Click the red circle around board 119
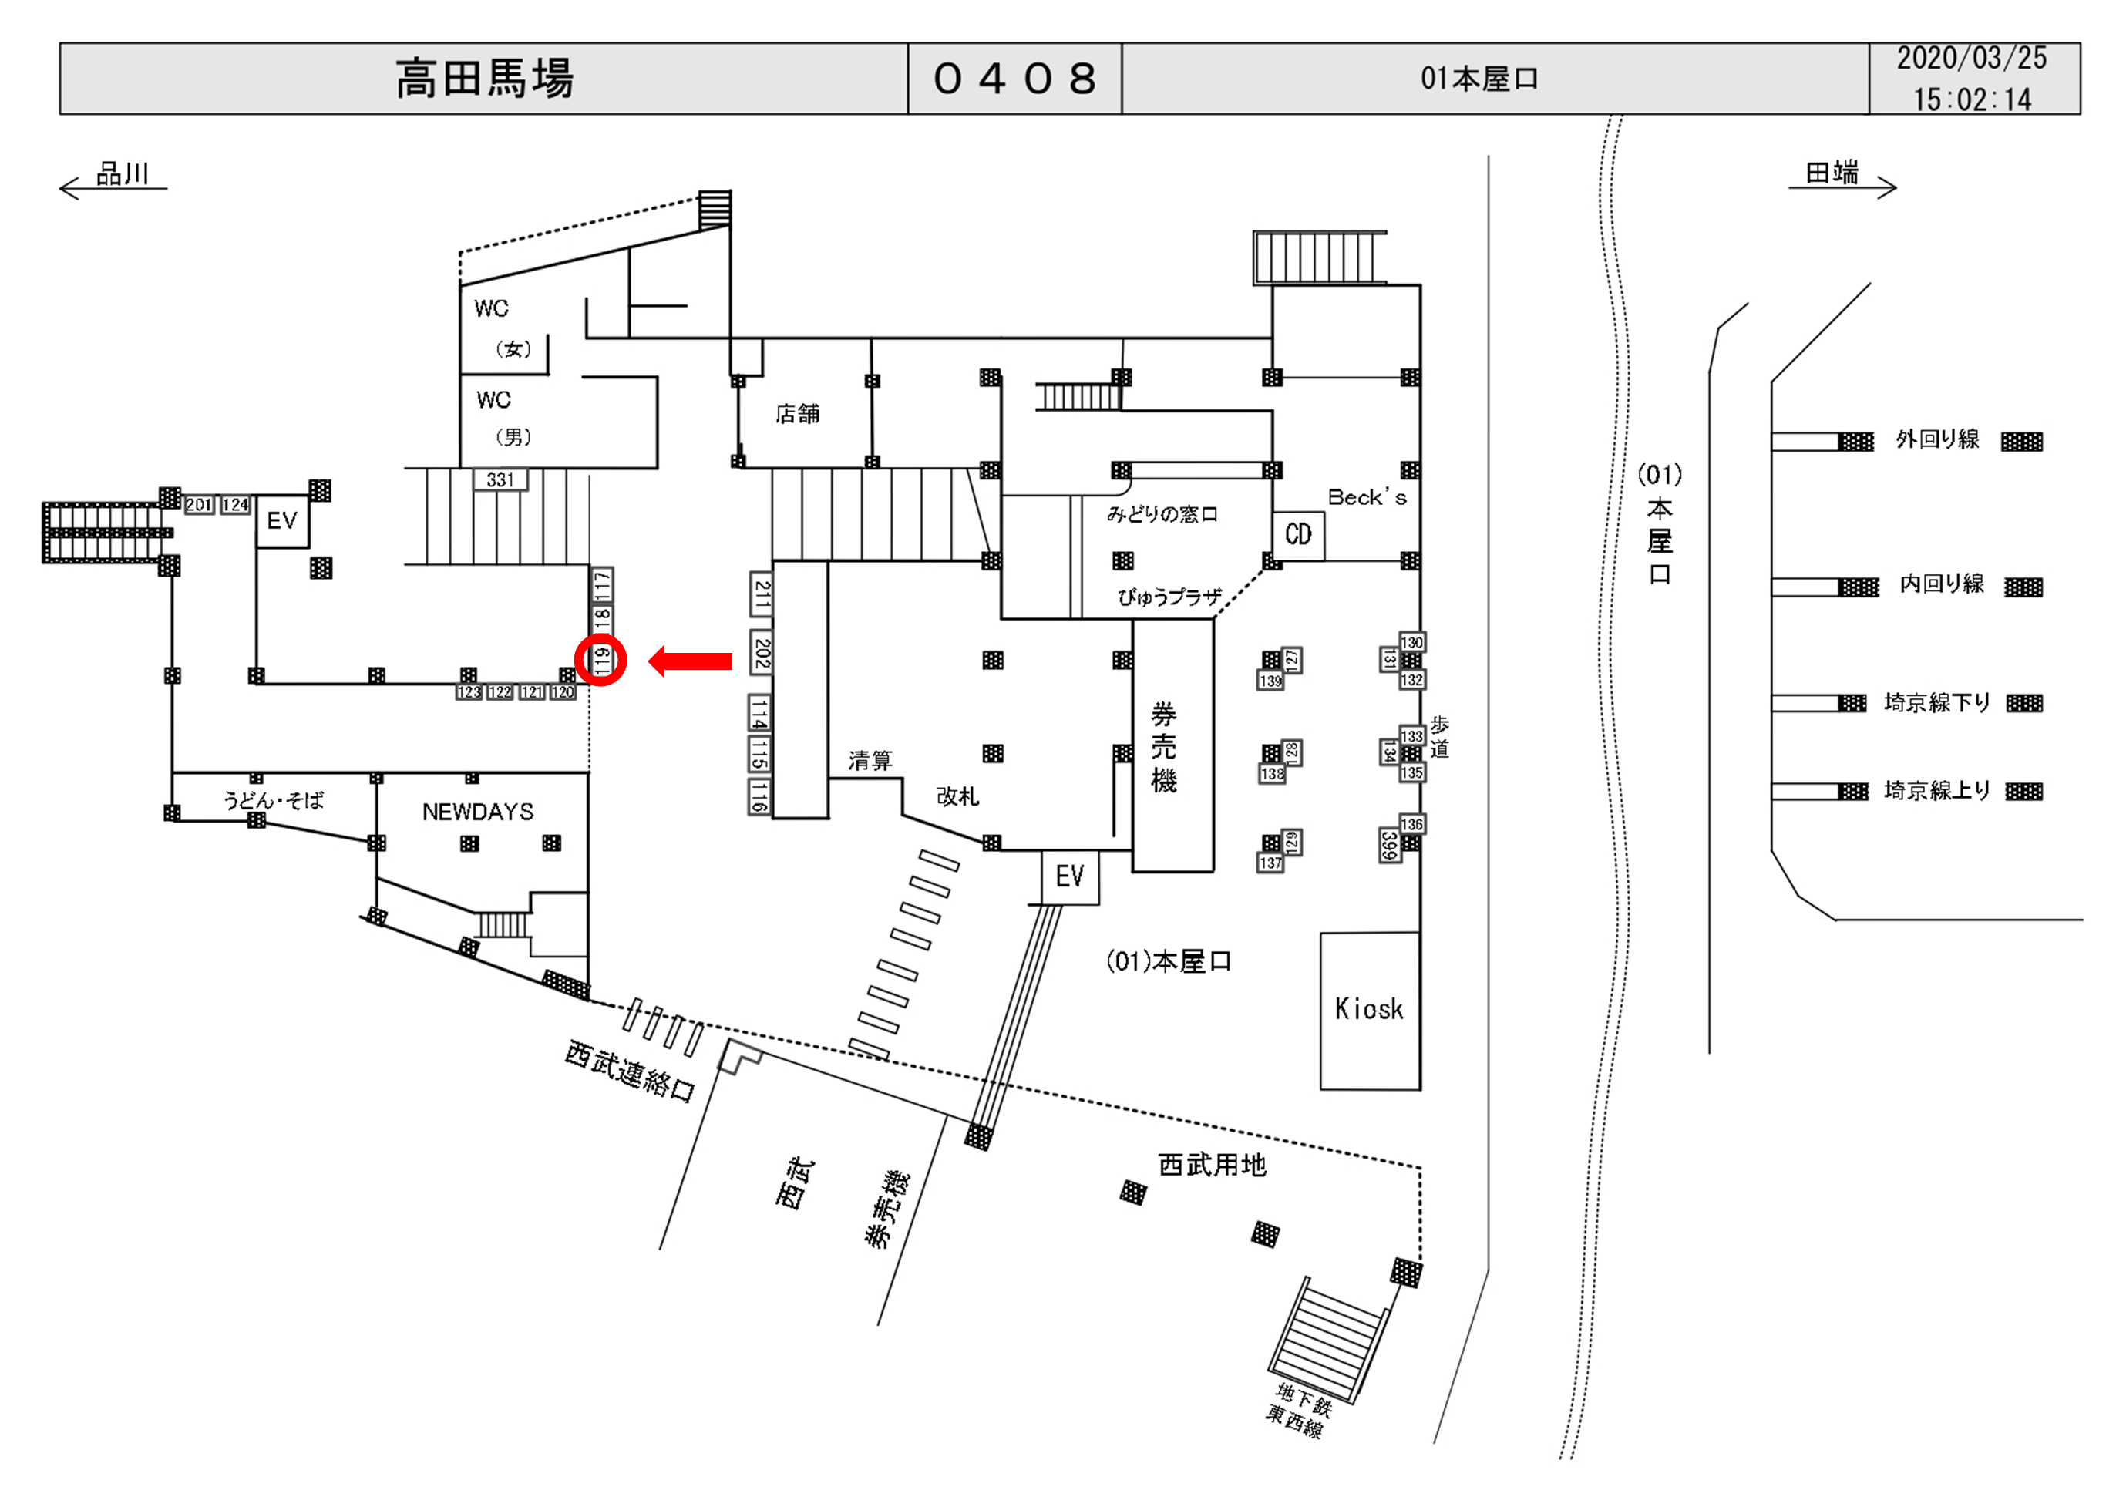600,660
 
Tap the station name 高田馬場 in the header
485,79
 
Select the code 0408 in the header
1014,79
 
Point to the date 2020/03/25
1971,58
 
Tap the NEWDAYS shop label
477,812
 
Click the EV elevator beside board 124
282,521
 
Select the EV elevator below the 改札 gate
1069,876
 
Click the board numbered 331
500,479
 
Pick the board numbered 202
762,653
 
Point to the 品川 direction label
122,173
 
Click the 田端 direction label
1832,173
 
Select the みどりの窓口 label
1162,514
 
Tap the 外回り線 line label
1937,439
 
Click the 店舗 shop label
797,414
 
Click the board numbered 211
762,594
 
